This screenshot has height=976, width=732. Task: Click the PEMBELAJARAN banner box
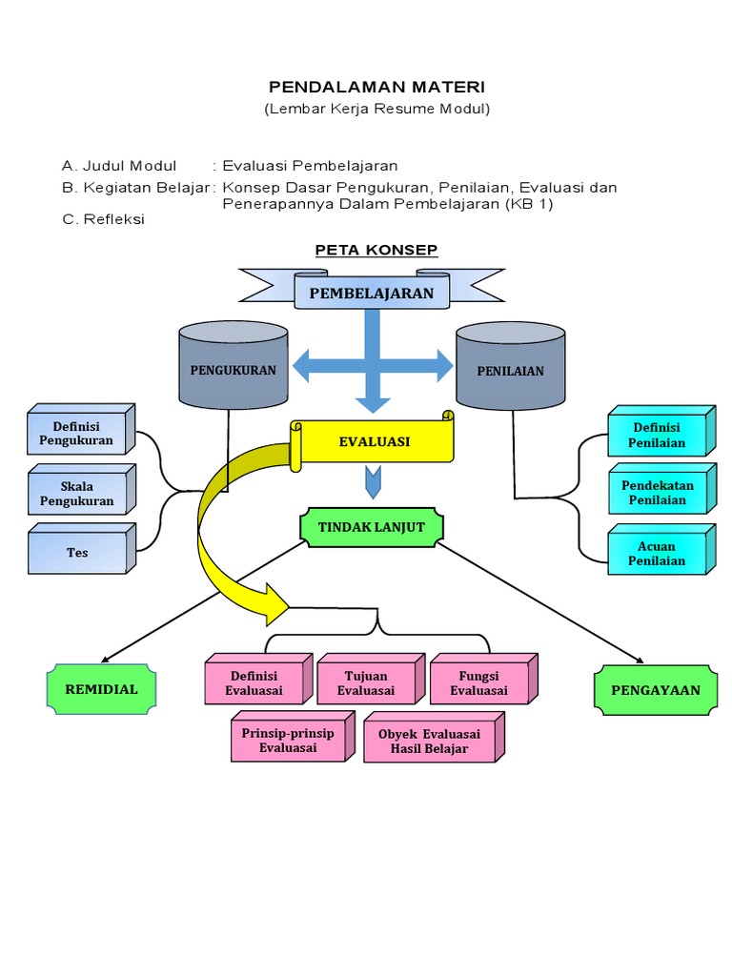(x=371, y=293)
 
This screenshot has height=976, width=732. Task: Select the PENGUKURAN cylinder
(x=234, y=370)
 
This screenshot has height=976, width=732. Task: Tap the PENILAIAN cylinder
(x=510, y=370)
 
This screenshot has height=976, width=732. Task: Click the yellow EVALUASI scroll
(x=375, y=441)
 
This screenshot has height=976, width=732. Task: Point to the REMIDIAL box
(x=101, y=689)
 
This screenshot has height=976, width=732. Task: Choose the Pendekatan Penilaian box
(x=658, y=492)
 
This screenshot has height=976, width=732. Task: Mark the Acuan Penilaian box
(x=658, y=553)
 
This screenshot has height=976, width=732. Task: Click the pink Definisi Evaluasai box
(x=254, y=683)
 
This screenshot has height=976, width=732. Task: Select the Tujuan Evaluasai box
(x=366, y=683)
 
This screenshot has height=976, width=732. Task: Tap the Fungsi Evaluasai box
(x=479, y=683)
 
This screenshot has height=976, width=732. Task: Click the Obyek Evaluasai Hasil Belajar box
(x=429, y=742)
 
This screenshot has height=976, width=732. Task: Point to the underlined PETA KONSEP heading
(x=376, y=251)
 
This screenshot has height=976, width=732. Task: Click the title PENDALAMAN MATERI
(x=377, y=87)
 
